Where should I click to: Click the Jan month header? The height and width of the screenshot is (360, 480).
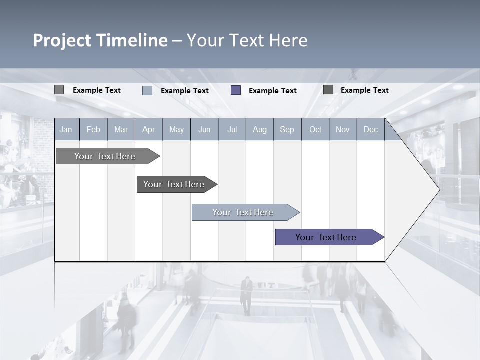pyautogui.click(x=66, y=129)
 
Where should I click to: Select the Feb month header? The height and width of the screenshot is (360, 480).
pyautogui.click(x=93, y=129)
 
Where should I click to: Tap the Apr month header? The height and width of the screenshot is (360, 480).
pyautogui.click(x=148, y=129)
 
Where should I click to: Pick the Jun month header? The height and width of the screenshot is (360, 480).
pyautogui.click(x=204, y=129)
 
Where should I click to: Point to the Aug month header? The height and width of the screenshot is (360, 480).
pyautogui.click(x=259, y=129)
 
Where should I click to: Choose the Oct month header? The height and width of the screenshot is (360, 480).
pyautogui.click(x=315, y=129)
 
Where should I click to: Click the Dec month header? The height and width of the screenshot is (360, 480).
pyautogui.click(x=370, y=129)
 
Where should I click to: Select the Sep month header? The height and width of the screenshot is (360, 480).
pyautogui.click(x=287, y=129)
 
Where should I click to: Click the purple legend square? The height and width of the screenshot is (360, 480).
pyautogui.click(x=236, y=90)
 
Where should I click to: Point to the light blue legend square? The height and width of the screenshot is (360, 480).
pyautogui.click(x=147, y=90)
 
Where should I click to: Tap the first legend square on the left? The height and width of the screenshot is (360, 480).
pyautogui.click(x=59, y=90)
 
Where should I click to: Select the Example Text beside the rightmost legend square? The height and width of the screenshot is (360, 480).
pyautogui.click(x=364, y=90)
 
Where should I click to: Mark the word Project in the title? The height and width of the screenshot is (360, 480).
pyautogui.click(x=62, y=40)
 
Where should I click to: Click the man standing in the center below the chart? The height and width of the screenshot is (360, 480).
pyautogui.click(x=246, y=295)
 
